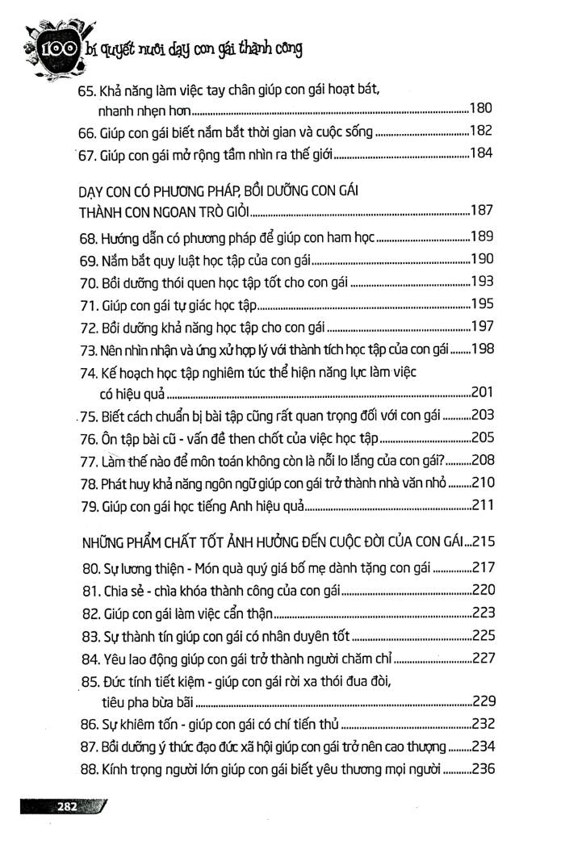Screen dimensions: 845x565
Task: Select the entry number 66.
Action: coord(86,132)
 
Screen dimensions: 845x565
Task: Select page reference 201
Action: coord(481,393)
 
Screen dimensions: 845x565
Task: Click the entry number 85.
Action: coord(89,680)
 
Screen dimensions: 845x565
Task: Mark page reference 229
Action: coord(481,700)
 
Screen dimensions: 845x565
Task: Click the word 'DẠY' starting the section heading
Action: coord(94,190)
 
